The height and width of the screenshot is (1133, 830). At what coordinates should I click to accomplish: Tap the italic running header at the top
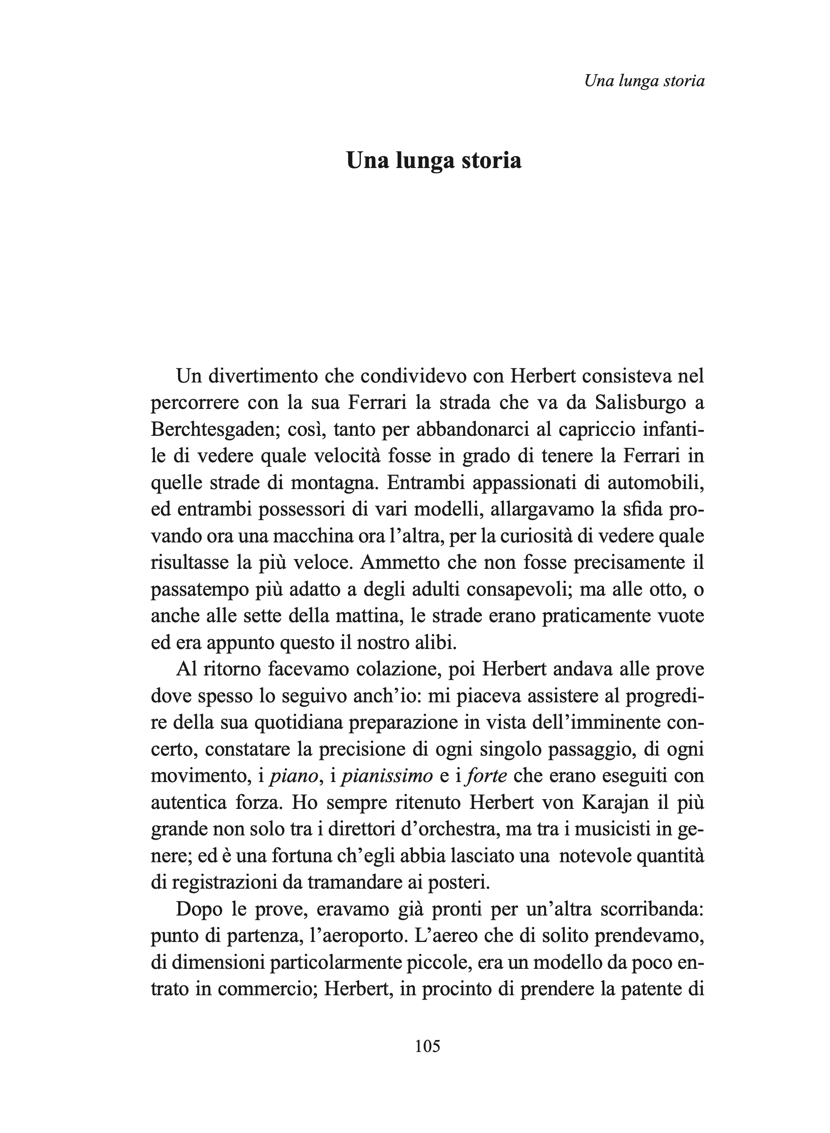(x=645, y=81)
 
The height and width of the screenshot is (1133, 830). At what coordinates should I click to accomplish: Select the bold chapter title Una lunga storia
(x=434, y=160)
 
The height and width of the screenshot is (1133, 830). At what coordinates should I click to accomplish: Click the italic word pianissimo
(x=387, y=776)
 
